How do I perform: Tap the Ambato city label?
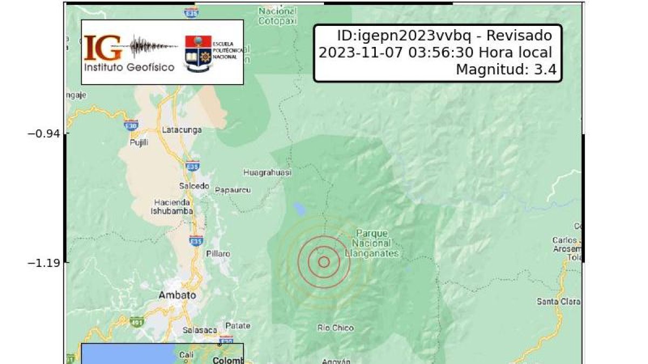[x=177, y=296]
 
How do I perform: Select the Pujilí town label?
[x=139, y=142]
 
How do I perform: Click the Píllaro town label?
[x=218, y=253]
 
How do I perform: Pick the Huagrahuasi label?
[x=267, y=173]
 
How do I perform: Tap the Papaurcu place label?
[x=233, y=190]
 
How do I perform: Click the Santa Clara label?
[x=558, y=301]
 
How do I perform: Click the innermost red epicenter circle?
[x=324, y=262]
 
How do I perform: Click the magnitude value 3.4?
[x=545, y=70]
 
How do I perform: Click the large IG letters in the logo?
[x=103, y=49]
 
